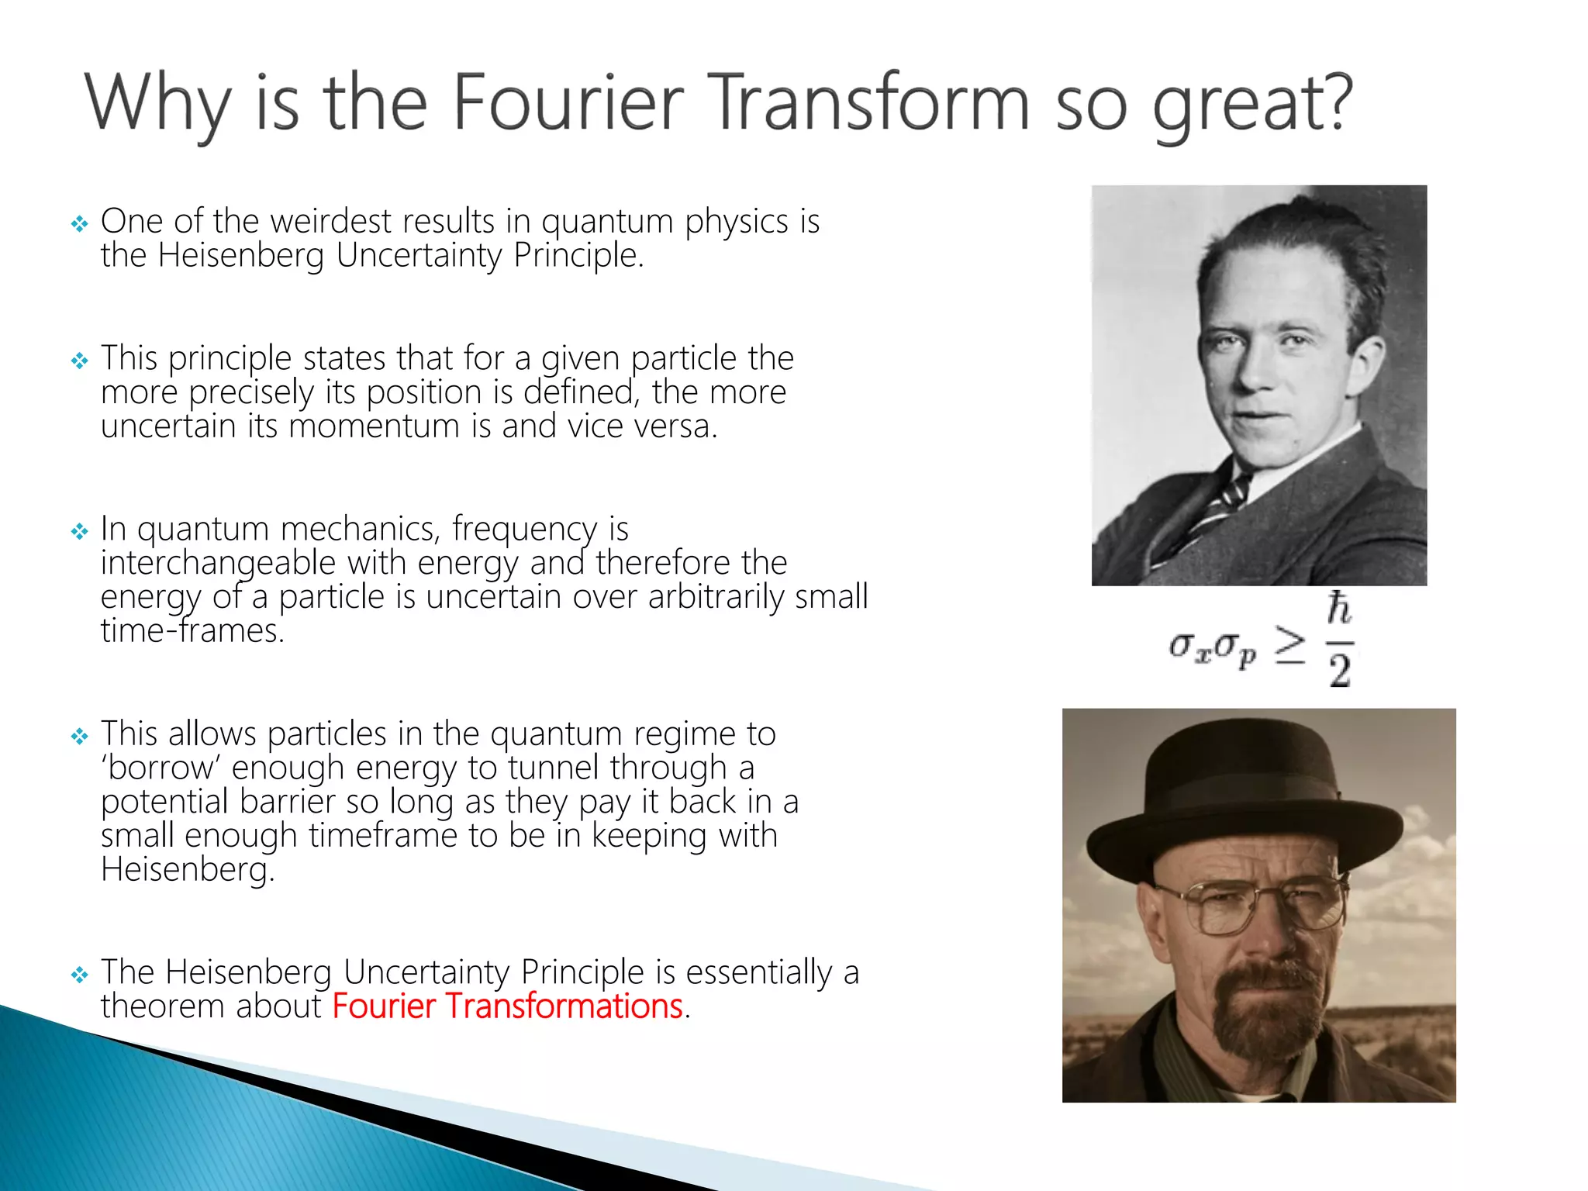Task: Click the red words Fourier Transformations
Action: tap(508, 1006)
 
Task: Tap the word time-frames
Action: tap(192, 631)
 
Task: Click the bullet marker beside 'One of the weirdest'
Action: tap(79, 225)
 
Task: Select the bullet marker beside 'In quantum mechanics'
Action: tap(79, 532)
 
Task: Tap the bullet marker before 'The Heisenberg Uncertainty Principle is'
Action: tap(79, 975)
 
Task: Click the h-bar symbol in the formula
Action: tap(1339, 609)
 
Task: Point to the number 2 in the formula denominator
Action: tap(1339, 670)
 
